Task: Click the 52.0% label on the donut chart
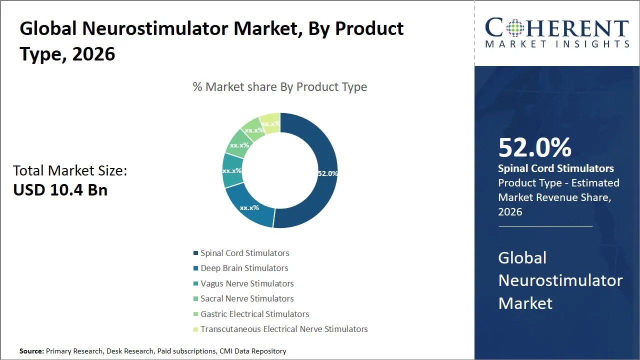327,173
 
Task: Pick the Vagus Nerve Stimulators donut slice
231,170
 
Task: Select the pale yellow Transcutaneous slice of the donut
270,122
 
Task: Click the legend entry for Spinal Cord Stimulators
244,253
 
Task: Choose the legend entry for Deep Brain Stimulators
244,268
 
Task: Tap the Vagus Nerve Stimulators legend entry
247,283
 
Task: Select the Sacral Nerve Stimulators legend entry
247,298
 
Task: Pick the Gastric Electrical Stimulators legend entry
254,314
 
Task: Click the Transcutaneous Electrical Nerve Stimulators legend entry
284,329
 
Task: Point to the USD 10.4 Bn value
60,190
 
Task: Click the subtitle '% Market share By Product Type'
280,87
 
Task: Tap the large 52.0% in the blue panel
534,148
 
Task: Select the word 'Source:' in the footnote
32,351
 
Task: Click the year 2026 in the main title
93,53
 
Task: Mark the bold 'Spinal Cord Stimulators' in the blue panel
556,168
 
